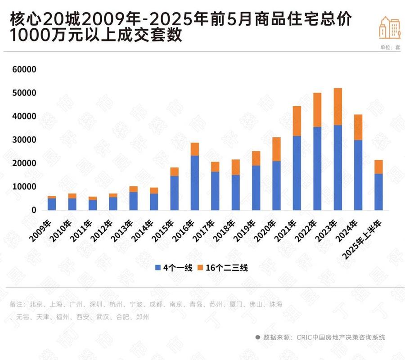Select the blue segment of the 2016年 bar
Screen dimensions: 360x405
click(x=195, y=183)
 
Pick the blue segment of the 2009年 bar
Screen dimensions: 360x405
click(x=52, y=204)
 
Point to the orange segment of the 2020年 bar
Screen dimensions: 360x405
click(x=276, y=149)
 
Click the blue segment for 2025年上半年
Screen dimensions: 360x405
click(x=378, y=192)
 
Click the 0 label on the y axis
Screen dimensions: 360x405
click(x=34, y=210)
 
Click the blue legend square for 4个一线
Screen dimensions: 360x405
click(x=158, y=268)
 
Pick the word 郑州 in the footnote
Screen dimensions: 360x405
click(x=142, y=317)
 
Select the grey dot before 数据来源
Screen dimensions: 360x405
click(x=257, y=337)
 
